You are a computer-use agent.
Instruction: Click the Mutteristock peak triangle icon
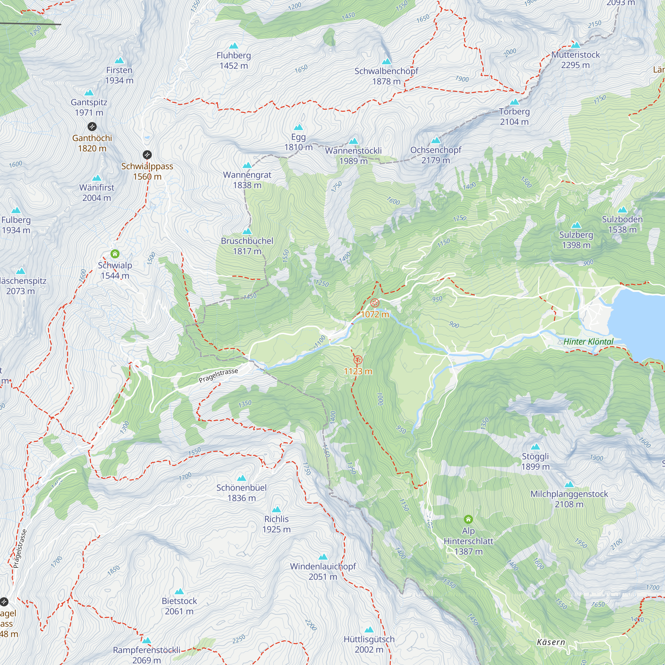576,45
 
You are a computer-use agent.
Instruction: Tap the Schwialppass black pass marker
147,155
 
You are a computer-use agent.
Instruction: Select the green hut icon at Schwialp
115,254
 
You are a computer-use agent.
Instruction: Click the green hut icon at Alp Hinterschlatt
468,519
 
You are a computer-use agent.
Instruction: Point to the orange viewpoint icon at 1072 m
375,303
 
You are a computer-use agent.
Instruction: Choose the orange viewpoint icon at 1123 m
358,360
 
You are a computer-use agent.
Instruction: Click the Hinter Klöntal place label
588,342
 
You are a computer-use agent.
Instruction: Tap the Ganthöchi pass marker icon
92,127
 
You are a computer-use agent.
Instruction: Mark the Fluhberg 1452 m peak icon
234,46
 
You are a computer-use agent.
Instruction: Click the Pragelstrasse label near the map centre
218,375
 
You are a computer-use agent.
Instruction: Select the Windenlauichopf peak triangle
323,557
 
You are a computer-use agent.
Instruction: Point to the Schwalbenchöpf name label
386,71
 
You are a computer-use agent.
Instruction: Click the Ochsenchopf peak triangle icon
436,140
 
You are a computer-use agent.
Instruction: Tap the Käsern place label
551,642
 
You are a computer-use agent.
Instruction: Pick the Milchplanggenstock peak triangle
569,485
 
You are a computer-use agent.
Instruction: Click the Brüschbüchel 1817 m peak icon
247,231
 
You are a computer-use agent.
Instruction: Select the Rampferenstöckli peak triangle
147,641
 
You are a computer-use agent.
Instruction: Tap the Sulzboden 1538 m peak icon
622,210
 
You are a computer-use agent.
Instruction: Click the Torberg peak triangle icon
514,102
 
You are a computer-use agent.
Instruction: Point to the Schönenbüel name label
242,488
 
